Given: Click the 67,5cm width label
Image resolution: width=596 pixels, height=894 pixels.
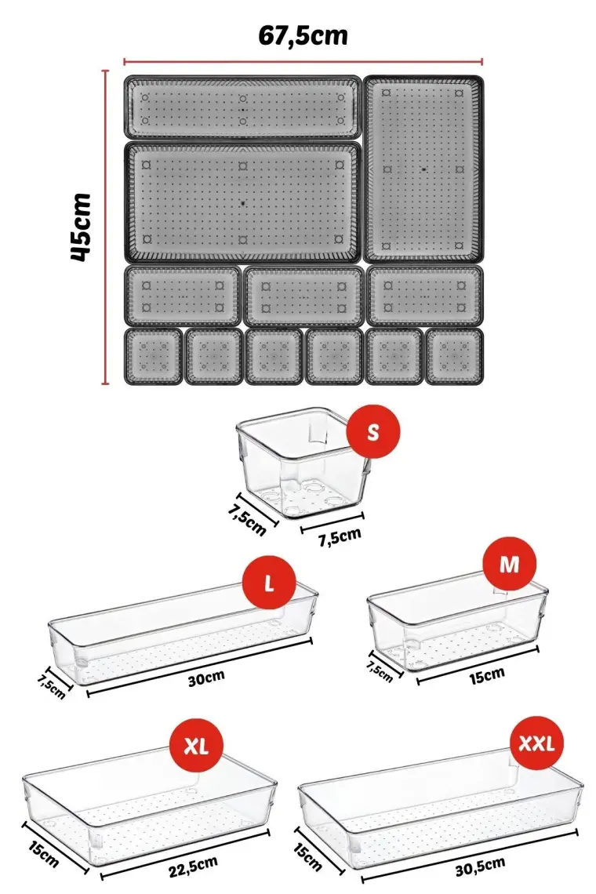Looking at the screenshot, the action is click(x=303, y=36).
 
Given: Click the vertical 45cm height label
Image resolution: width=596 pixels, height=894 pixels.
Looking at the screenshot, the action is click(x=82, y=227).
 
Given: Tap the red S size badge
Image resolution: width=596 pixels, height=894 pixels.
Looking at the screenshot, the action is click(x=373, y=432).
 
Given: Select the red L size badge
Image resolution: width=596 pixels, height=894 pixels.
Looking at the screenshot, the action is click(x=269, y=583).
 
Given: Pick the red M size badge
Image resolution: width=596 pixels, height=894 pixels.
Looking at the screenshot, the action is click(x=509, y=563).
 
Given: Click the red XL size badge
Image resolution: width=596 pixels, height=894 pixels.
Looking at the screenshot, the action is click(x=196, y=747).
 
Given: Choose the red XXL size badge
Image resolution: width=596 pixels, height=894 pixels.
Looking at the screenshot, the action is click(x=536, y=743).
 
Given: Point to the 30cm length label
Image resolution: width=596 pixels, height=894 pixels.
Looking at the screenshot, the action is click(x=206, y=678).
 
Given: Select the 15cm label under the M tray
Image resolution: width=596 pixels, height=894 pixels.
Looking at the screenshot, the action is click(x=486, y=676).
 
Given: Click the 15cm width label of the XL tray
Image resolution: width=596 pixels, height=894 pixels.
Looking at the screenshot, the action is click(x=43, y=856).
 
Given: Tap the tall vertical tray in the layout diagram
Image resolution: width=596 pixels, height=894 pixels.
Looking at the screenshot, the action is click(x=423, y=169).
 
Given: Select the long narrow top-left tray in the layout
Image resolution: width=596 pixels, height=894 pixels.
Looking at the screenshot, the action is click(x=243, y=107).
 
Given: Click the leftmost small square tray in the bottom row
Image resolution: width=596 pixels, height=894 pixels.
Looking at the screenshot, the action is click(x=154, y=356).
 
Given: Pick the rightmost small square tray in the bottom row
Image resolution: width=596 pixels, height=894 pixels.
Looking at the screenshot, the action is click(x=455, y=356).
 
